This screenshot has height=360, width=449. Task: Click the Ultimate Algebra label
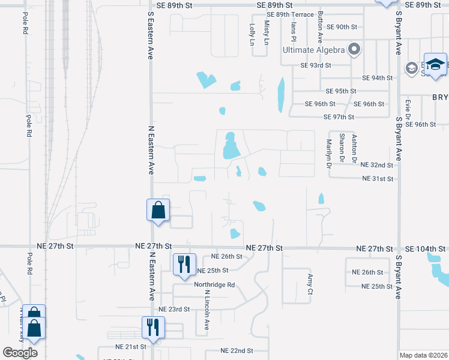click(x=313, y=49)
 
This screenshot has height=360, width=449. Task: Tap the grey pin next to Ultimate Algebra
click(x=354, y=49)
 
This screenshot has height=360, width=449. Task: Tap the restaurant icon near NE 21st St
click(x=152, y=328)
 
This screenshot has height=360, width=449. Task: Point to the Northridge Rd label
click(x=214, y=285)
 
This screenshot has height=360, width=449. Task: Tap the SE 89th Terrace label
click(x=290, y=14)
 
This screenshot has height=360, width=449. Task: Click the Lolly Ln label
click(x=252, y=35)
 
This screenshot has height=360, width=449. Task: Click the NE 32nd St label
click(x=376, y=165)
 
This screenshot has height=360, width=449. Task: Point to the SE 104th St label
click(x=426, y=248)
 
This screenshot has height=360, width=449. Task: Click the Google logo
click(x=20, y=353)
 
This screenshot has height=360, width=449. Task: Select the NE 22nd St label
click(x=237, y=350)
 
